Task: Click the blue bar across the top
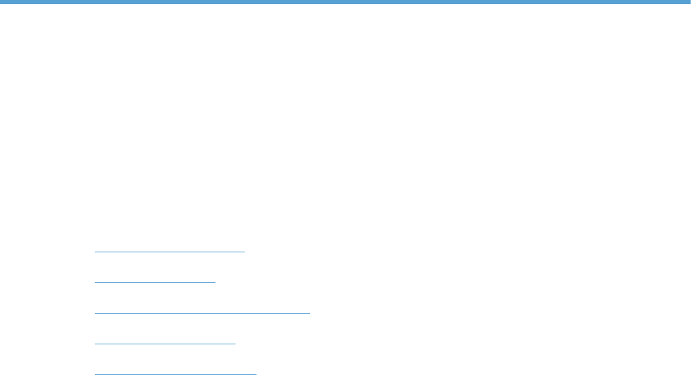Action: coord(345,2)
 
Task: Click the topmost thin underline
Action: coord(170,251)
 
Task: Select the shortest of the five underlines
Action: coord(155,282)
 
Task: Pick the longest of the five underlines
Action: coord(202,313)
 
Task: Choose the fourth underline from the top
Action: coord(165,344)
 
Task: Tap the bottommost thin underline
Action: coord(176,374)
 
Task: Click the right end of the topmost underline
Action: coord(244,251)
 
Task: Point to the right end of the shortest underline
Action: coord(215,282)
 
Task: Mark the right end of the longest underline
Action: coord(309,313)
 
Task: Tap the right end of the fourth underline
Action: coord(235,344)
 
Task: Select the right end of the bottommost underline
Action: coord(256,374)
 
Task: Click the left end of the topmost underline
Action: coord(95,251)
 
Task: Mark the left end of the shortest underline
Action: coord(95,282)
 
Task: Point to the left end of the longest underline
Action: coord(95,313)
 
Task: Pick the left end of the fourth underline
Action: coord(95,344)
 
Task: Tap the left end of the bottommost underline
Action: coord(95,374)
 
